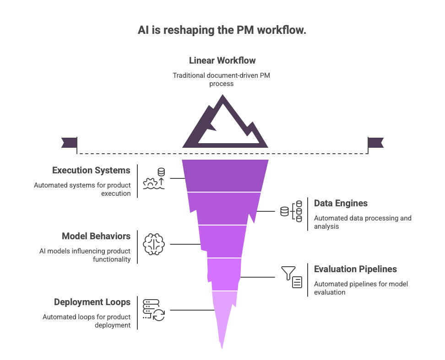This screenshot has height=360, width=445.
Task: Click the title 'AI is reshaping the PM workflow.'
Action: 222,31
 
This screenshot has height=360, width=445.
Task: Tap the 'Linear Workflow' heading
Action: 222,60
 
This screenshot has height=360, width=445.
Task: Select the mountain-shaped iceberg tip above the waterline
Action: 224,124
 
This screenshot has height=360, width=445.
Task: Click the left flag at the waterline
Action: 69,142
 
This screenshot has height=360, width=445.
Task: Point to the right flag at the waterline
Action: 376,142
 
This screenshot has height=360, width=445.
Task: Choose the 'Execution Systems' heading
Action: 91,171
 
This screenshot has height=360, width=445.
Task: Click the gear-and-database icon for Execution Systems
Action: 154,179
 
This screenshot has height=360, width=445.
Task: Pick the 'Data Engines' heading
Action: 341,203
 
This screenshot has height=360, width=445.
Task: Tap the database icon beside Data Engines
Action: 292,211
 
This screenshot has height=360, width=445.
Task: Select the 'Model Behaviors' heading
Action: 96,236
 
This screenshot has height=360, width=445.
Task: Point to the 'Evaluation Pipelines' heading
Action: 355,269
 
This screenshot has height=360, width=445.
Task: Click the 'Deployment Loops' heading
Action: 92,302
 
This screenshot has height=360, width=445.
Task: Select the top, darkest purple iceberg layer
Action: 224,175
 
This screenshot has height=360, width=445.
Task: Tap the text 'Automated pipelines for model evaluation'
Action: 361,288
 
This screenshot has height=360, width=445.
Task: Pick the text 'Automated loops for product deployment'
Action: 87,321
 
